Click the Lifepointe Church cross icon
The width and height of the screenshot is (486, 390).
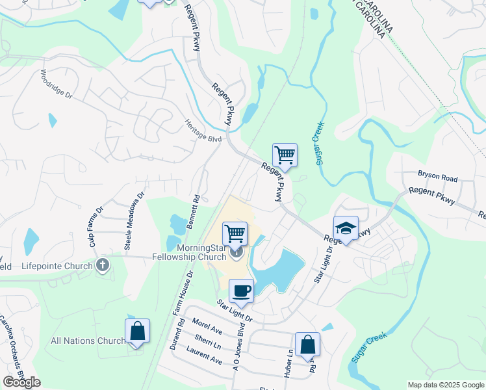(x=102, y=265)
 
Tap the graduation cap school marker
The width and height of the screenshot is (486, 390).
(x=346, y=228)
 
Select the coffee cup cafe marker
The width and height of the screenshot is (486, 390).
(x=241, y=291)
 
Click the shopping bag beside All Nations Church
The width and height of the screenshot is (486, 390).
(x=137, y=331)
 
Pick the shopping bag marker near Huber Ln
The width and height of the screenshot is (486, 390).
(x=307, y=345)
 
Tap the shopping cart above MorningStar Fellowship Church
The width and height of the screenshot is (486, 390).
(x=235, y=233)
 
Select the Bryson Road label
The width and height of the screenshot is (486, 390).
(x=438, y=178)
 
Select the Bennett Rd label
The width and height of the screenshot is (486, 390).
(x=193, y=210)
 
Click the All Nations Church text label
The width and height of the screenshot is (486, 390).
(x=88, y=341)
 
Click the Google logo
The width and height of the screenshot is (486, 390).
(x=21, y=382)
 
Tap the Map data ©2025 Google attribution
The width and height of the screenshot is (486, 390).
(x=445, y=385)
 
